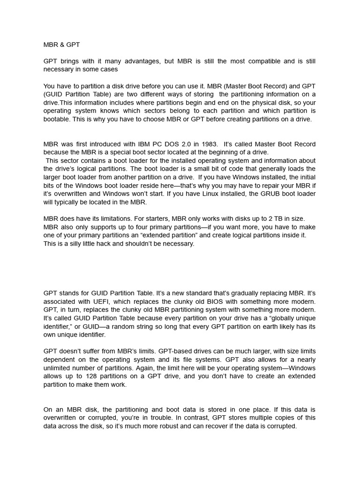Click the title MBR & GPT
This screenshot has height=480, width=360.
[61, 45]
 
